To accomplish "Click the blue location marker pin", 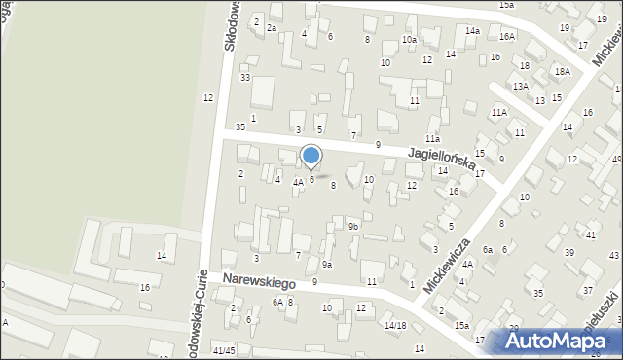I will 311,156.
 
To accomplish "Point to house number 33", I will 245,78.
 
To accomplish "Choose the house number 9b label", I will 353,227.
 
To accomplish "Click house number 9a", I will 328,264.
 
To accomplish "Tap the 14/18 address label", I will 394,326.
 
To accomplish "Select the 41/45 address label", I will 224,350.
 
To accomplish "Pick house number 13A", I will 522,87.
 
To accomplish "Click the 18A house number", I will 562,71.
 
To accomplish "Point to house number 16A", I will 506,36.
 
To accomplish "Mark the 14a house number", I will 472,31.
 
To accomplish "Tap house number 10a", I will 409,40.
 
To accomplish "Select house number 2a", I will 272,28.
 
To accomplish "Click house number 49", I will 616,160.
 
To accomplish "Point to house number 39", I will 569,252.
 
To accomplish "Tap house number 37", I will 587,290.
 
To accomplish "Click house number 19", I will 565,28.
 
